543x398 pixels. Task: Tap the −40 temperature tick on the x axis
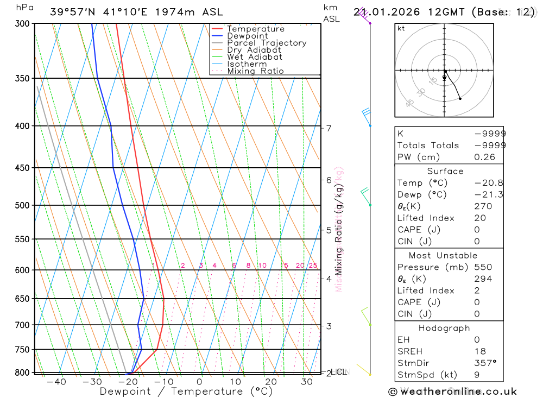point(56,382)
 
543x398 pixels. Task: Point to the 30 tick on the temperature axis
point(307,382)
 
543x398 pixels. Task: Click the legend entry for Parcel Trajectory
point(267,43)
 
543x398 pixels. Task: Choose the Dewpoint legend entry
point(248,36)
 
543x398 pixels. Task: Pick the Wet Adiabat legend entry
point(255,57)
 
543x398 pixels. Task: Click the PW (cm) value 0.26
point(485,157)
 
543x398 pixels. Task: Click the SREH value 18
point(480,351)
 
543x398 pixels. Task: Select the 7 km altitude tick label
point(329,128)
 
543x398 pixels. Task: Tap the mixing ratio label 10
point(262,266)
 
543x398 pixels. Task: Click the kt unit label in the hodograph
point(401,28)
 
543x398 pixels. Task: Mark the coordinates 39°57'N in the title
point(72,11)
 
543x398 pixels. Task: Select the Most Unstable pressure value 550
point(483,267)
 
